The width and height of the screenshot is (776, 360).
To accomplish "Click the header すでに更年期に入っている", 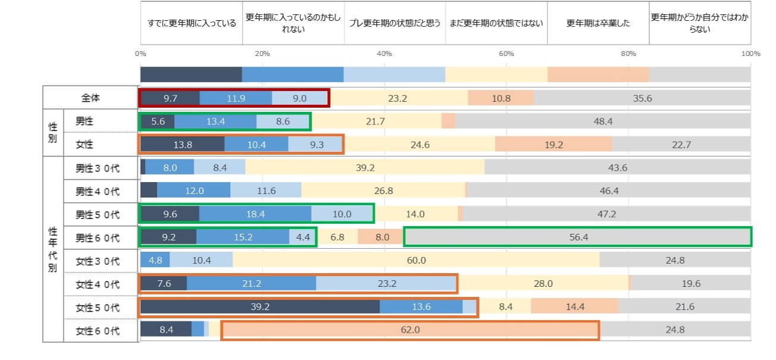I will pos(192,24).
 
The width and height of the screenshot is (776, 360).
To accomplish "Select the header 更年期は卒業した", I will pos(598,24).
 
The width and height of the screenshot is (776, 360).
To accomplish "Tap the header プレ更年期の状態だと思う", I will pos(395,24).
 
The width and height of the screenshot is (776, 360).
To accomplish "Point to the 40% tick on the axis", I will pos(384,54).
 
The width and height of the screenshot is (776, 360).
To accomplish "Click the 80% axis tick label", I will pos(628,54).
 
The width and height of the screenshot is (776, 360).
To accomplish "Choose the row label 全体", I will pos(90,98).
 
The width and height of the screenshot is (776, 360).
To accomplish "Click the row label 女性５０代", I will pos(98,308).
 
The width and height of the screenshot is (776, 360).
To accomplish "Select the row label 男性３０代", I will pos(98,168).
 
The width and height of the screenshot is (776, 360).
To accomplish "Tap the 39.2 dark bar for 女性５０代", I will pos(260,307).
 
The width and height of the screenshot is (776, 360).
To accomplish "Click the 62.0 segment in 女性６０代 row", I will pos(410,330).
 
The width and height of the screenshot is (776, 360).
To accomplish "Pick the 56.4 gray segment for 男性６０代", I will pos(577,237).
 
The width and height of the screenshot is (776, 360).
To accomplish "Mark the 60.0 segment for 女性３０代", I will pos(416,261).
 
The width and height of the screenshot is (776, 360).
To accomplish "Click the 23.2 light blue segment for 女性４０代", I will pos(386,284).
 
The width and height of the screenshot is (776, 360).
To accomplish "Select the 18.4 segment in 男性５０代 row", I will pos(255,214).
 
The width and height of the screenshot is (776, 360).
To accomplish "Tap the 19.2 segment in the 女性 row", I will pos(553,145).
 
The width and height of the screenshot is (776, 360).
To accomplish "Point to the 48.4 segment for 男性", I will pos(603,121).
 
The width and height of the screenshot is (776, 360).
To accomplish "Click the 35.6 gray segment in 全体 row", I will pos(642,98).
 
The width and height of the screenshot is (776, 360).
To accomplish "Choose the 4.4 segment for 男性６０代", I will pos(302,237).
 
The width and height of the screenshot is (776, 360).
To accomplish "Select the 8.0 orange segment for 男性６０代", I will pos(381,237).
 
